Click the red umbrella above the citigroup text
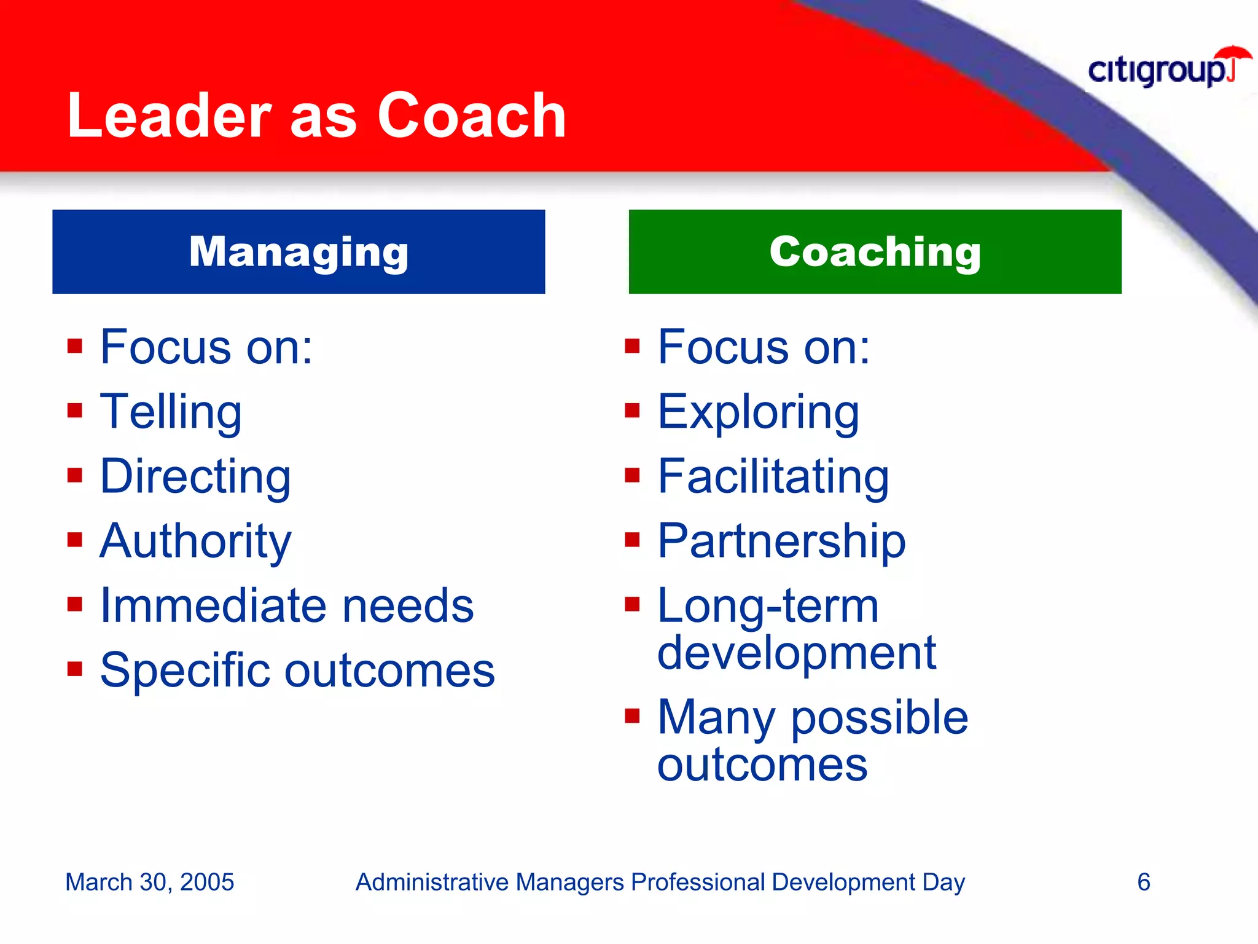coord(1235,53)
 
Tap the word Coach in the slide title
coord(471,116)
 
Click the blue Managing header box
coord(299,251)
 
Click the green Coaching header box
coord(875,251)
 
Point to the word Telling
coord(171,412)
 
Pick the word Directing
coord(195,476)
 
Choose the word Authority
coord(195,541)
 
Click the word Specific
coord(184,671)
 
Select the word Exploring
coord(758,412)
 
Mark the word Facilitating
coord(773,476)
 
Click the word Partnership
coord(781,541)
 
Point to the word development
coord(796,653)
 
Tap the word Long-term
coord(768,606)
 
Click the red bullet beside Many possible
coord(632,715)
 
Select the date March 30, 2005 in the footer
coord(149,882)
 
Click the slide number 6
coord(1143,882)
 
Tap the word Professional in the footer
coord(698,882)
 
